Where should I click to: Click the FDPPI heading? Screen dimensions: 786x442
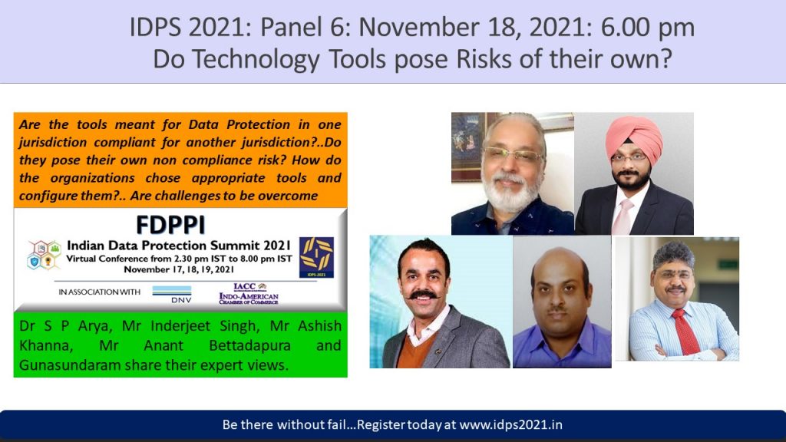170,225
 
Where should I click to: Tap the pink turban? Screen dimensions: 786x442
633,138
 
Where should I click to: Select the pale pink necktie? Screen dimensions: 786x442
622,216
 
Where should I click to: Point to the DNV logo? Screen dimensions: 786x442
172,295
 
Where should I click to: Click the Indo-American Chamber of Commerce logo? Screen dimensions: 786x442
249,294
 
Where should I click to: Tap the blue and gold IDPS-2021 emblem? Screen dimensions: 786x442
316,257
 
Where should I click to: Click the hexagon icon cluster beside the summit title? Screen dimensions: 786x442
44,255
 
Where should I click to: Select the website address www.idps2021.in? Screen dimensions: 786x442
510,424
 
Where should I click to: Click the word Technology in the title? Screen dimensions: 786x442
256,59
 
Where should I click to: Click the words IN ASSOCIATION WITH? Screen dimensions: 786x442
99,292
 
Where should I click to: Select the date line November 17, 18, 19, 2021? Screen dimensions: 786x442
179,269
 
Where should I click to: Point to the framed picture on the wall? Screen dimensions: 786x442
466,145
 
